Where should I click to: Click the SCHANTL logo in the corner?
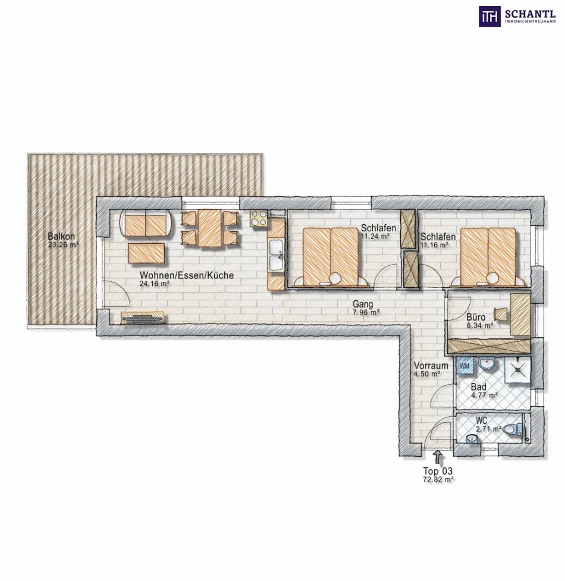(x=517, y=16)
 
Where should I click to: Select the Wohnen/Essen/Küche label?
(x=187, y=275)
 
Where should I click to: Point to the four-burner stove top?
(x=258, y=218)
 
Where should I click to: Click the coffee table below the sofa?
(x=147, y=253)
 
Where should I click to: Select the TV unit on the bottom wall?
(x=143, y=318)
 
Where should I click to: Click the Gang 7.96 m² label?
(x=365, y=308)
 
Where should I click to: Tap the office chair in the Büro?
(x=501, y=314)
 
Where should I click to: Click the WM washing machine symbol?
(x=464, y=366)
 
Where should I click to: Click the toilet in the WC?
(x=513, y=429)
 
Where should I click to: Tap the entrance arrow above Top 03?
(x=438, y=457)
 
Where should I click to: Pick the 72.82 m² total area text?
(x=438, y=479)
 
